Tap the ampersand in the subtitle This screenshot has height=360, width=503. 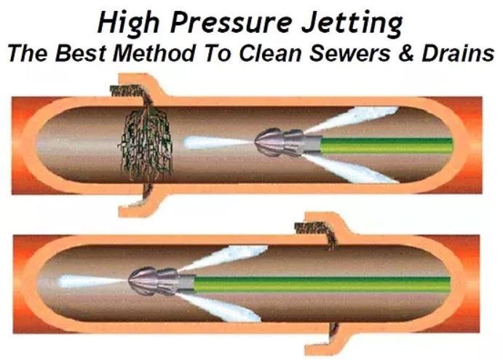point(414,55)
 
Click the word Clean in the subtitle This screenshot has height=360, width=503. point(284,55)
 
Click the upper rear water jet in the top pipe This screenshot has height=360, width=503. point(357,117)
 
